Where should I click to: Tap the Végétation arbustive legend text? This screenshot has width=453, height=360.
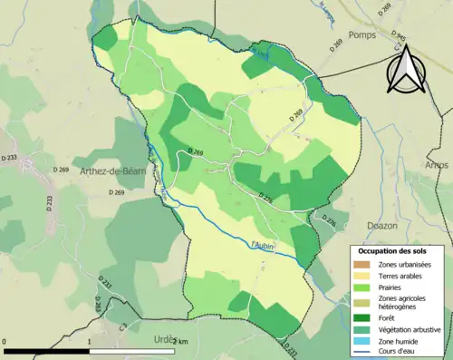click(410, 328)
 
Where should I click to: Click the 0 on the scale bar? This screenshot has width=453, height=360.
click(5, 341)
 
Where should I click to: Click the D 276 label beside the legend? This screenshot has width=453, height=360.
click(331, 220)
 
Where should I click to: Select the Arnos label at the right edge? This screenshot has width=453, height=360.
click(437, 165)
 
